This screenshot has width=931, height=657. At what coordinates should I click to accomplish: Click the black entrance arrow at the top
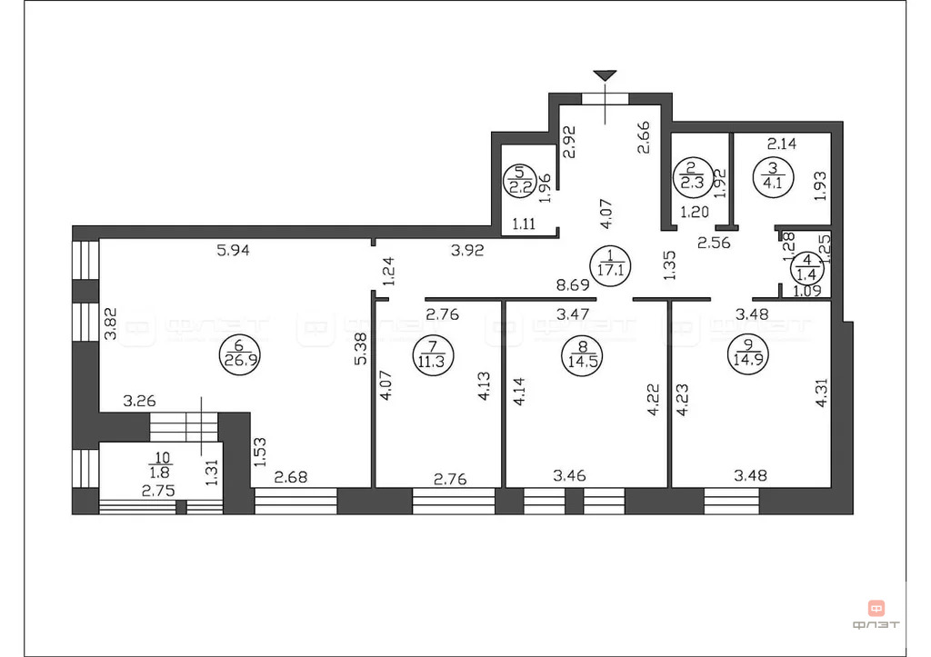click(605, 75)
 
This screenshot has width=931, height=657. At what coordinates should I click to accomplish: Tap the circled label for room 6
click(240, 355)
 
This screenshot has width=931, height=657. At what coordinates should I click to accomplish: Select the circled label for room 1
click(611, 265)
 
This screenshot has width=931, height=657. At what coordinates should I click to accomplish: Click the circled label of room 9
click(748, 355)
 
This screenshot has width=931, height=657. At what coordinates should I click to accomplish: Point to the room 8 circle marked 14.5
click(582, 356)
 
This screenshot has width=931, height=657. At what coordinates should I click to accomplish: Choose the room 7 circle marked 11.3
click(433, 355)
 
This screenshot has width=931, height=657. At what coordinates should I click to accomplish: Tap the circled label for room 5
click(519, 181)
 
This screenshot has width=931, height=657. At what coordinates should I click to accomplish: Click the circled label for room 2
click(692, 174)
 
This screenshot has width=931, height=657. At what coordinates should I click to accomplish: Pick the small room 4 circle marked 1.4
click(807, 268)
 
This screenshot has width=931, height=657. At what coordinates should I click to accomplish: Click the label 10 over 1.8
click(160, 465)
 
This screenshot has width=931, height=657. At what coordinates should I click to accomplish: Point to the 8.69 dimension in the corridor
click(573, 285)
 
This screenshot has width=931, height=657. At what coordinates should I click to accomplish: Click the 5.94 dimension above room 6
click(234, 251)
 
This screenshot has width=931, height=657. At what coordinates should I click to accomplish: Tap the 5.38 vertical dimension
click(360, 348)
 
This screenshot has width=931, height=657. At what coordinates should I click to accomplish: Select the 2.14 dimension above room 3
click(782, 144)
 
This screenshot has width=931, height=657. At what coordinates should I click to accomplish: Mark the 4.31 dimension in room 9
click(822, 393)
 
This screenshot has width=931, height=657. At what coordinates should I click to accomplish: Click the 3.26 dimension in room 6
click(139, 402)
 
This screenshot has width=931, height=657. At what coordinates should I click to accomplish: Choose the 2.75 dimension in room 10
click(158, 491)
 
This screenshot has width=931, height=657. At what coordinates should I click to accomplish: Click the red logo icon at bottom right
click(876, 608)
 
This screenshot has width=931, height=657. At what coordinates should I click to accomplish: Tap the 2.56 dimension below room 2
click(714, 243)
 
